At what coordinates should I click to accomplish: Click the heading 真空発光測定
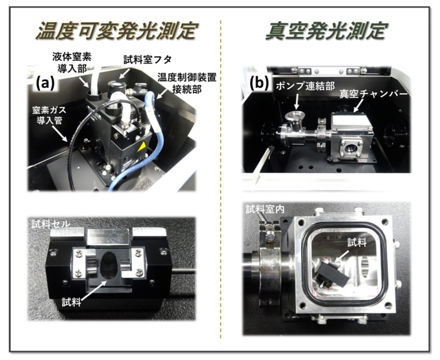coord(326,31)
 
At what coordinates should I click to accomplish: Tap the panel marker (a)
coord(45,83)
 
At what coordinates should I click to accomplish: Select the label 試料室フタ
coord(147,60)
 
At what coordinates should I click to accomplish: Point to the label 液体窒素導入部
coord(72,62)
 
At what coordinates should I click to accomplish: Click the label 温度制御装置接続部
coord(187,83)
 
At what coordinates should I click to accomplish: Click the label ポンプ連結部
coord(305,86)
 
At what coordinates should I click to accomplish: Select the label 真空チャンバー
coord(372,94)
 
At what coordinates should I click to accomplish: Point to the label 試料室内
coord(265,209)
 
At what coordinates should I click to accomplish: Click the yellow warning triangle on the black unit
coord(142,147)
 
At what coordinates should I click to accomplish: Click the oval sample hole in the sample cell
coord(109,265)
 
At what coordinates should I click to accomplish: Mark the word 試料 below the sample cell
coord(71,302)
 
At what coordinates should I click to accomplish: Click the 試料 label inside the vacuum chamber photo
coord(357,242)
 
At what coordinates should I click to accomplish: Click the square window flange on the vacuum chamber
coord(351,148)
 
